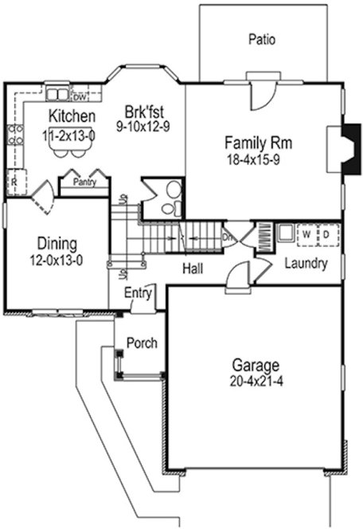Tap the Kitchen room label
click(x=66, y=118)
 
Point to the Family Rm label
click(x=257, y=143)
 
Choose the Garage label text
click(x=256, y=366)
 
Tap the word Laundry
click(x=306, y=263)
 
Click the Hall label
click(x=192, y=269)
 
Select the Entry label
click(x=138, y=293)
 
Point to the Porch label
click(x=142, y=343)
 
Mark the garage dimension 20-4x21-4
click(x=256, y=382)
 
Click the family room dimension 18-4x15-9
click(x=257, y=159)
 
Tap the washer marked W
click(x=306, y=235)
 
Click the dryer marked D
click(x=326, y=235)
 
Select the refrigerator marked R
click(x=15, y=182)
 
